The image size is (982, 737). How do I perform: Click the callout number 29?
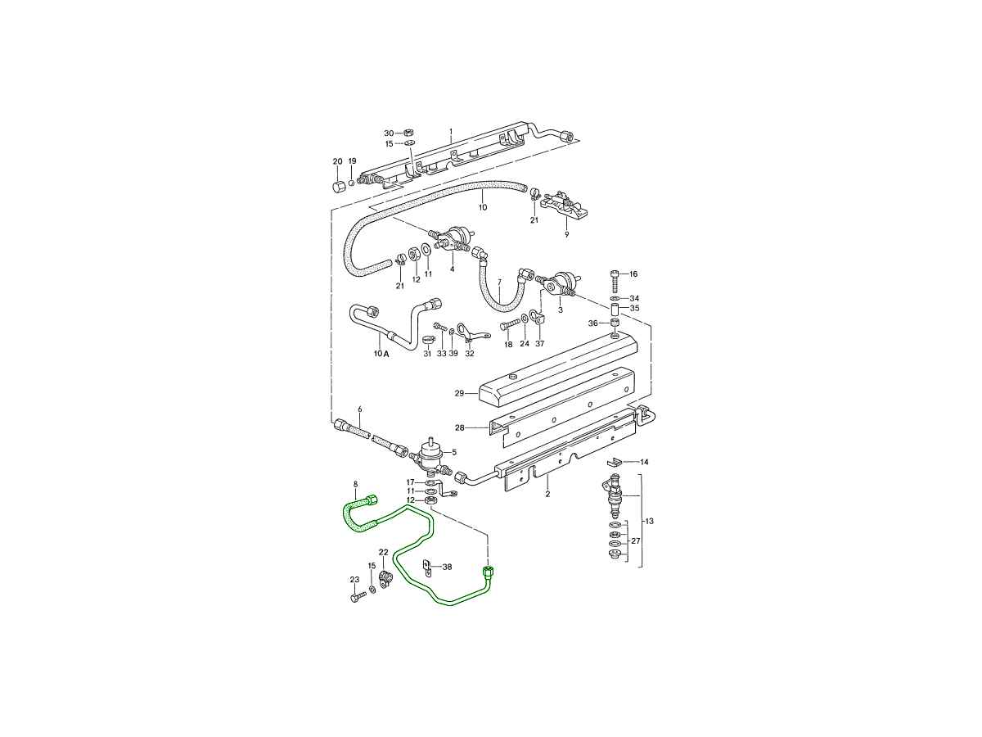click(459, 393)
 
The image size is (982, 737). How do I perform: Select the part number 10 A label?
click(381, 354)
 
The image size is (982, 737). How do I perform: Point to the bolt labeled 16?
click(615, 279)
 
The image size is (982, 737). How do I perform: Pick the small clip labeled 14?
click(615, 461)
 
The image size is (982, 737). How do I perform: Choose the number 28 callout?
click(459, 427)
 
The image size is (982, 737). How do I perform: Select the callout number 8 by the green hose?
click(355, 484)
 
